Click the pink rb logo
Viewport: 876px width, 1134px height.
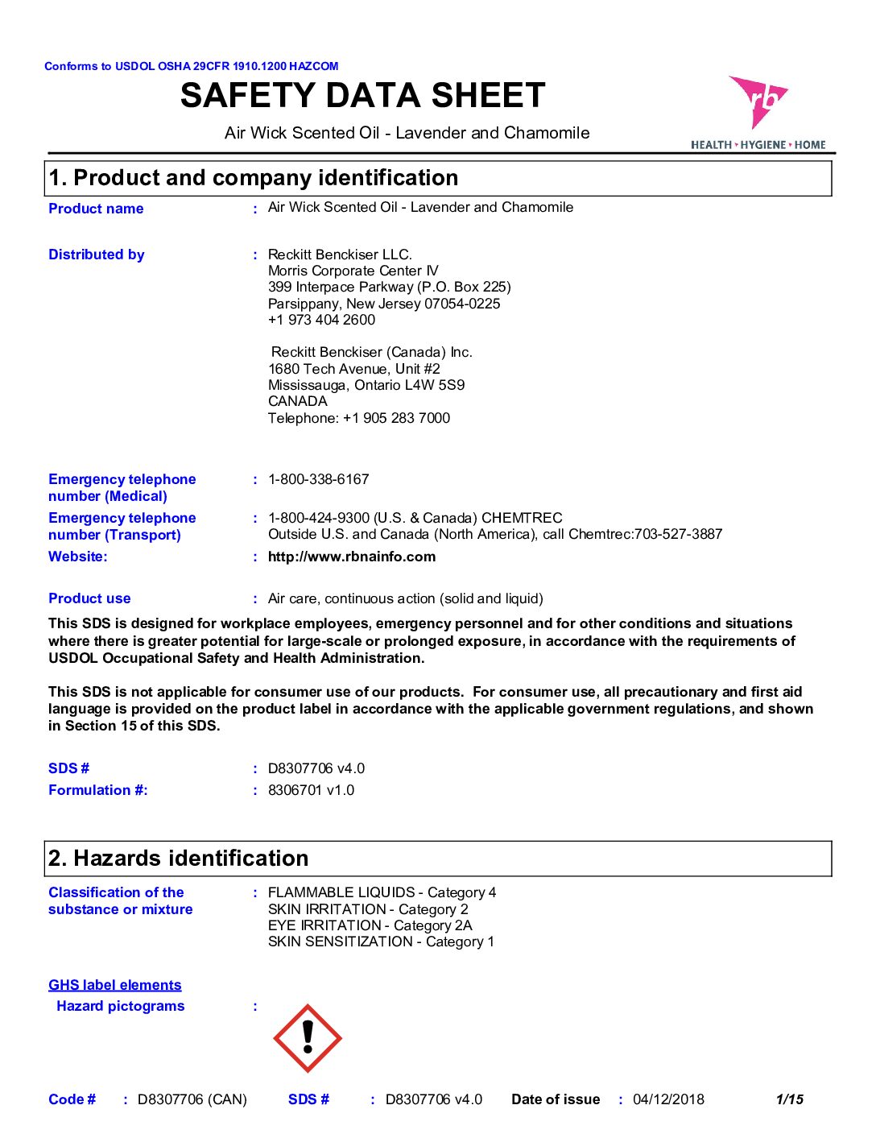[x=757, y=101]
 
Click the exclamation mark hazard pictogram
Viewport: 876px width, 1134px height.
[x=308, y=1038]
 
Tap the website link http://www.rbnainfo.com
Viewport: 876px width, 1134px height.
[x=352, y=557]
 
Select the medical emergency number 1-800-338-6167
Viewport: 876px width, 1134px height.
[x=319, y=479]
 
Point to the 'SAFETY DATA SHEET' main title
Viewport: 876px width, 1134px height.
[x=363, y=96]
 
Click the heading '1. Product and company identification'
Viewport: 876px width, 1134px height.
[x=254, y=178]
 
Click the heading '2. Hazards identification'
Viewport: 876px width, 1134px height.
[x=179, y=859]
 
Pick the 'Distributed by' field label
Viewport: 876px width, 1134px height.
[x=97, y=255]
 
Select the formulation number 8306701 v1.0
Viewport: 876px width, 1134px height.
[x=311, y=790]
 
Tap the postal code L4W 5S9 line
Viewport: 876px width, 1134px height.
[x=366, y=385]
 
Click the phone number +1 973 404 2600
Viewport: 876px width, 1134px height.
[x=321, y=320]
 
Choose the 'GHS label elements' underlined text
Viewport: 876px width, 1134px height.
[x=115, y=985]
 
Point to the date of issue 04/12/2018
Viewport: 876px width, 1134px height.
[x=668, y=1099]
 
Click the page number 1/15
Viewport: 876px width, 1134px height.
[x=790, y=1099]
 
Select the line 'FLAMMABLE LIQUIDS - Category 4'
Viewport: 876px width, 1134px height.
[x=382, y=892]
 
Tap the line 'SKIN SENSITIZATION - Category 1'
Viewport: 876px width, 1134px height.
[x=381, y=942]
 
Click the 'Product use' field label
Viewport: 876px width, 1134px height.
[x=89, y=598]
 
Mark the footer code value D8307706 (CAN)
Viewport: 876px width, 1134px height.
[x=192, y=1099]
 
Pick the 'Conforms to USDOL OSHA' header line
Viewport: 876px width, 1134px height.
[x=192, y=66]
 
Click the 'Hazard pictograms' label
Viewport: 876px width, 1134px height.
[x=121, y=1006]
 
